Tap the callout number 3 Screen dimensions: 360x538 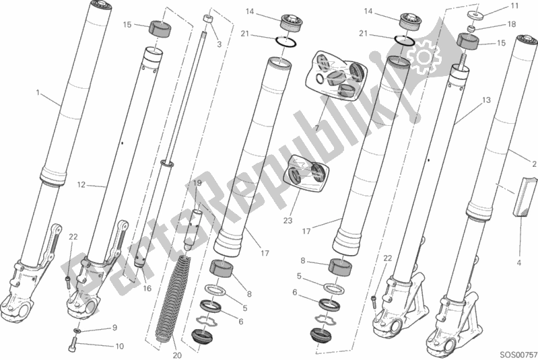pos(219,44)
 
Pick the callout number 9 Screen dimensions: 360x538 pos(114,328)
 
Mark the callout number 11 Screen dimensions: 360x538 pos(515,6)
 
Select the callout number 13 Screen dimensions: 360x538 pos(485,100)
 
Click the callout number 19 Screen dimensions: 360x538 pos(197,183)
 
